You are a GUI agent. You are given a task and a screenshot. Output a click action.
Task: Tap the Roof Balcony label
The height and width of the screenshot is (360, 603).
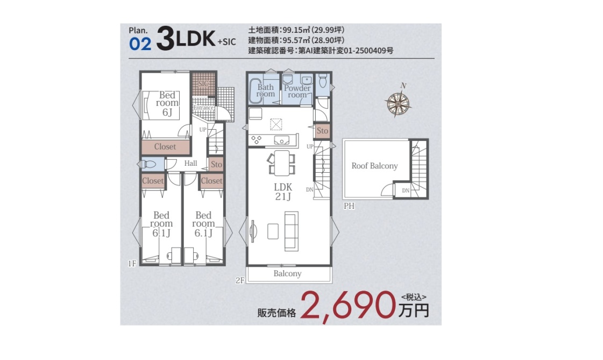tap(374, 166)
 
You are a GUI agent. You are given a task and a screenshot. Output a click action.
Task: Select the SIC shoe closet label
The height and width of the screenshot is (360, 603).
tap(203, 83)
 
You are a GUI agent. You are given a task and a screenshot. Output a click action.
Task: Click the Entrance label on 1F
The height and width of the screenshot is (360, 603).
tap(203, 108)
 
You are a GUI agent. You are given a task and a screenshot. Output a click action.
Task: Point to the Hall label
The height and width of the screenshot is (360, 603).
tap(190, 163)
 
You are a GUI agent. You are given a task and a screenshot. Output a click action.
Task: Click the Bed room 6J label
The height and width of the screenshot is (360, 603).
tap(167, 103)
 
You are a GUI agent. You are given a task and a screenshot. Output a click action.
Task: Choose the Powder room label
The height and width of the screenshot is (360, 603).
tap(297, 91)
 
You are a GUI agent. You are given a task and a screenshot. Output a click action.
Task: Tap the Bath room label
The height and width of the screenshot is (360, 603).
tap(265, 90)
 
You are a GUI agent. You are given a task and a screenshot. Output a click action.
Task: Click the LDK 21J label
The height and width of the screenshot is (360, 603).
tap(283, 192)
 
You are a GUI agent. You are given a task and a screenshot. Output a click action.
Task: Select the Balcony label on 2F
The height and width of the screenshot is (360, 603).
tap(287, 273)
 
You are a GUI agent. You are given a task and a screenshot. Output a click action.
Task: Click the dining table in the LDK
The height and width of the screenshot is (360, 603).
tap(282, 163)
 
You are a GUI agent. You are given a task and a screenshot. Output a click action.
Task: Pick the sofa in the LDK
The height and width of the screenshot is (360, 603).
tap(291, 231)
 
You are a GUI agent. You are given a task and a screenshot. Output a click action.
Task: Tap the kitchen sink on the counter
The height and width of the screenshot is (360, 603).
tap(281, 140)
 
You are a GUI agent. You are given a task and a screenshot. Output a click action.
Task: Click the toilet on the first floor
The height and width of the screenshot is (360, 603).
tap(148, 164)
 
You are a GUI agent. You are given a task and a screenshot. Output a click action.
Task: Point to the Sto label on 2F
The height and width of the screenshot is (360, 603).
tap(322, 131)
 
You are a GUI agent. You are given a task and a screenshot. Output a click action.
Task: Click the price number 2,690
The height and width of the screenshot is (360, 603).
tap(348, 306)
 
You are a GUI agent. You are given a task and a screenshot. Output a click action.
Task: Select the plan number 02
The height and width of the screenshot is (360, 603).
tap(140, 44)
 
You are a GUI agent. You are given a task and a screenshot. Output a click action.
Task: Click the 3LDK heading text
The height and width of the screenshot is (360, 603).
tap(186, 38)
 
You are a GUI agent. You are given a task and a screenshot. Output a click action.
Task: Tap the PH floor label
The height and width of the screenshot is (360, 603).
tap(349, 206)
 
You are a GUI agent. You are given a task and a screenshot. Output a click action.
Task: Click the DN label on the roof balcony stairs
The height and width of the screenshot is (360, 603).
tap(406, 190)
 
